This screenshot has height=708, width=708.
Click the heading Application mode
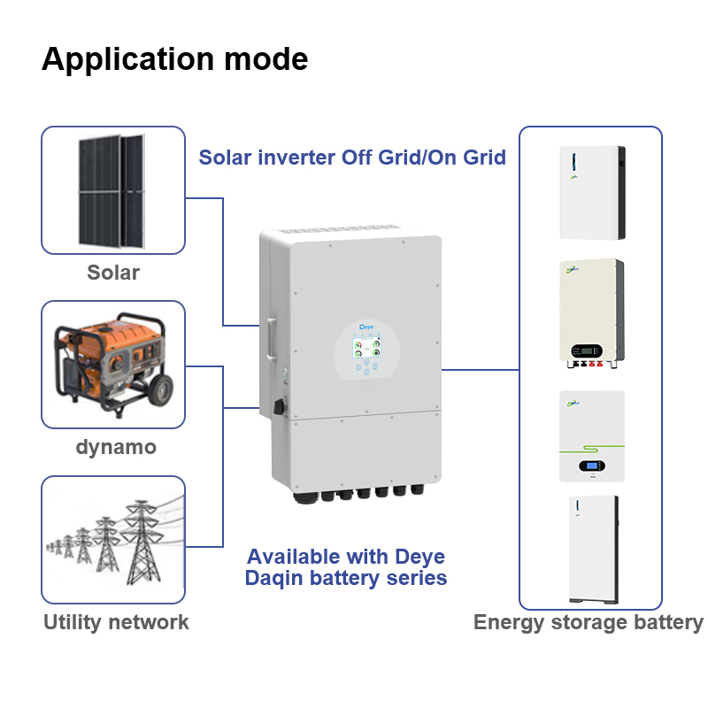tap(175, 59)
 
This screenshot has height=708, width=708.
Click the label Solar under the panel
tap(113, 272)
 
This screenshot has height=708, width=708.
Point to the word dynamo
tap(116, 447)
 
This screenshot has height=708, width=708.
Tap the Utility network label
tap(116, 622)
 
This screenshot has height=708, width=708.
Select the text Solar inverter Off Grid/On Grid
tap(352, 158)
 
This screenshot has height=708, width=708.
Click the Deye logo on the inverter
tap(366, 327)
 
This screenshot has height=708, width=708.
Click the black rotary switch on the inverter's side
tap(280, 408)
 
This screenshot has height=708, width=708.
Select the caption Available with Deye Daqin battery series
tap(345, 567)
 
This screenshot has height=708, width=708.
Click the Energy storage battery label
tap(589, 622)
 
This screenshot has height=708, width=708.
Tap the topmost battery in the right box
tap(592, 192)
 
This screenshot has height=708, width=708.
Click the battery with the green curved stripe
tap(592, 435)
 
